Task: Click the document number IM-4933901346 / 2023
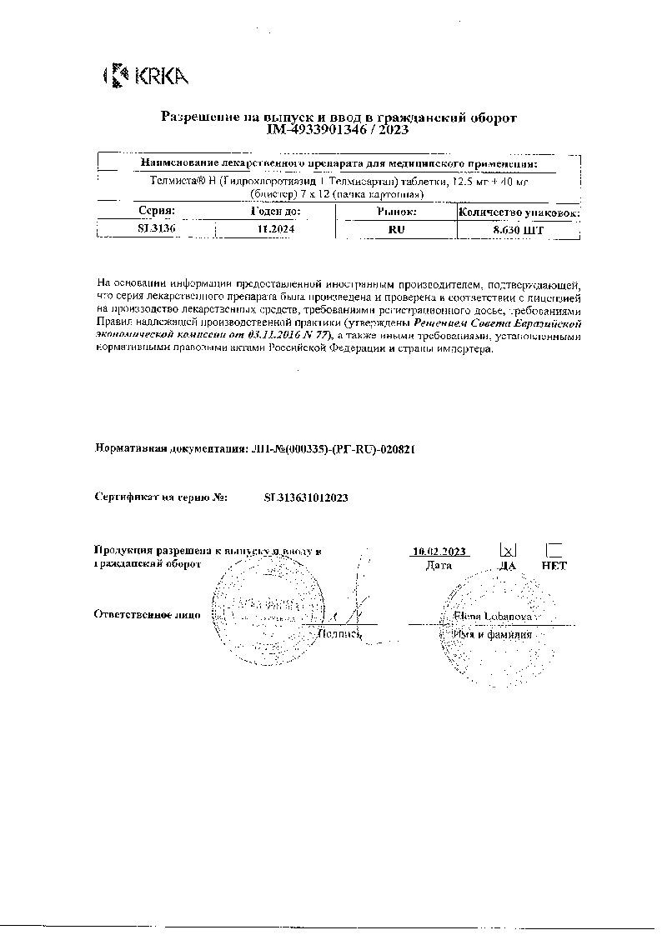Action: pyautogui.click(x=338, y=130)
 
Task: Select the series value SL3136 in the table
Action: pyautogui.click(x=156, y=228)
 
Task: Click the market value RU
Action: pyautogui.click(x=397, y=228)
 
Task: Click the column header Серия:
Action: pyautogui.click(x=156, y=212)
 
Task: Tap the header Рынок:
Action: pyautogui.click(x=397, y=212)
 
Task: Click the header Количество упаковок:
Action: pyautogui.click(x=519, y=212)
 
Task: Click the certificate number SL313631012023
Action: pyautogui.click(x=305, y=497)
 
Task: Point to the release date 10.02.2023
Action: pyautogui.click(x=439, y=551)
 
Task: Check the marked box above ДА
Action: pyautogui.click(x=508, y=550)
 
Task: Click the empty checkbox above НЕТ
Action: pyautogui.click(x=554, y=550)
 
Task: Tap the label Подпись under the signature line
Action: pyautogui.click(x=339, y=634)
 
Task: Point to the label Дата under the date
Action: pyautogui.click(x=439, y=565)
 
